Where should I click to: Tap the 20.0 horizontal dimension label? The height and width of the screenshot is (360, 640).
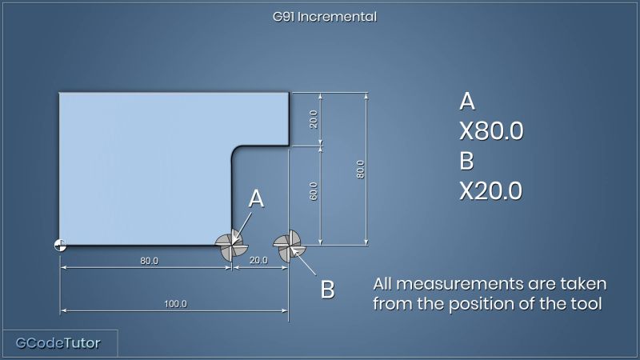[x=258, y=261]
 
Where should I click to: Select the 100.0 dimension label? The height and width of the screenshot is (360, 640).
[x=175, y=304]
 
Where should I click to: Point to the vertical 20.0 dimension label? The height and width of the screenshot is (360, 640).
[x=314, y=119]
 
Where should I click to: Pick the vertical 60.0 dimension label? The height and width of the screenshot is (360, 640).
[x=314, y=191]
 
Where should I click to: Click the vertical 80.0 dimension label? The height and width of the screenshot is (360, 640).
[x=360, y=169]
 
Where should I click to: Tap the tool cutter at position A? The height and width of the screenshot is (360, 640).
[x=231, y=245]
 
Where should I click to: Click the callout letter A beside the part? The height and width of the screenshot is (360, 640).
[x=256, y=199]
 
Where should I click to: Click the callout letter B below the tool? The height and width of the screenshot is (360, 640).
[x=327, y=290]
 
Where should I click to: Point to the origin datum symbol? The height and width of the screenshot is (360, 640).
[x=60, y=245]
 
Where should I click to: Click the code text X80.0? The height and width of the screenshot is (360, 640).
[x=491, y=131]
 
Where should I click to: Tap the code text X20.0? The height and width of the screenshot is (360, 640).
[x=491, y=191]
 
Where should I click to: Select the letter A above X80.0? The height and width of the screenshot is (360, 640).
[x=467, y=102]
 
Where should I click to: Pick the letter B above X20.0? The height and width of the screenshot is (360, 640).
[x=467, y=161]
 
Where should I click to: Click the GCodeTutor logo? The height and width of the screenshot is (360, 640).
[x=58, y=344]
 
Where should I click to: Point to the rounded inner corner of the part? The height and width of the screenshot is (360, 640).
[x=236, y=150]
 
